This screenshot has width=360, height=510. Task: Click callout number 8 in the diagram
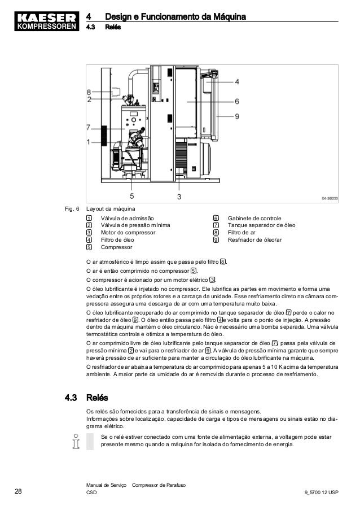(89, 91)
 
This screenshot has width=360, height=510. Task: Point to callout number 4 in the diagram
(237, 81)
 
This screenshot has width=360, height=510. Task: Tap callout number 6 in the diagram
(237, 101)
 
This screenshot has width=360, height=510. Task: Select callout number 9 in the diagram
(237, 116)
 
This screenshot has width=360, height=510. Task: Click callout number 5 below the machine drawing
(131, 196)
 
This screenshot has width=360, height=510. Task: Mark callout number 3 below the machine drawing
(179, 196)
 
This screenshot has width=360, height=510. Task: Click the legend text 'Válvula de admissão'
(126, 218)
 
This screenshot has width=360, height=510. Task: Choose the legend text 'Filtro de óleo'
(117, 239)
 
